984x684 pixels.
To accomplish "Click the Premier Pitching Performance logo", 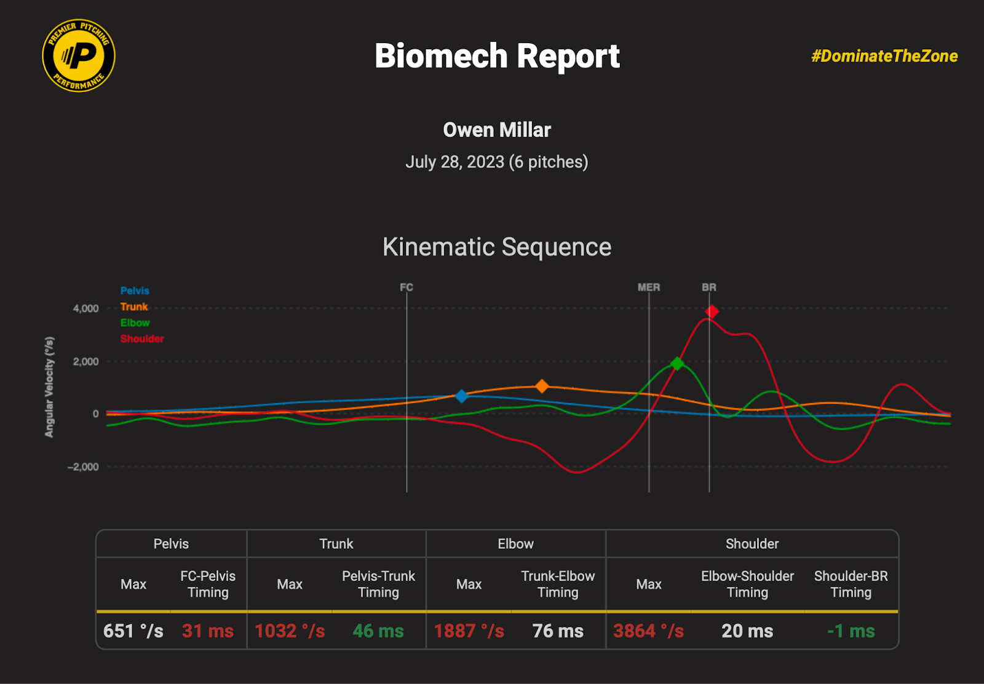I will coord(79,55).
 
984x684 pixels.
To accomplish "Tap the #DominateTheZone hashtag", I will coord(884,56).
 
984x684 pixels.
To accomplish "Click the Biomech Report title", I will coord(497,56).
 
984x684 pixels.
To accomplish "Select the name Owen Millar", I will coord(497,130).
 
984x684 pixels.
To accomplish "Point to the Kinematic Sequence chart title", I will coord(497,247).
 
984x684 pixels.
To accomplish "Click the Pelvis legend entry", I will coord(135,291).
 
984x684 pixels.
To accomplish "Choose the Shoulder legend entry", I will coord(142,339).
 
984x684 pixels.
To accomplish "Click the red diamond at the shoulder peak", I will coord(712,312).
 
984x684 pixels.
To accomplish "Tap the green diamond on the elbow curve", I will coord(677,364).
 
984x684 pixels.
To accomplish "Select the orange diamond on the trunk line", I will coord(542,386).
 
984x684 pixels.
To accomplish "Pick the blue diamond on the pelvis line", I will coord(462,396).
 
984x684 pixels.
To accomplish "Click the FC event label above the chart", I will coord(407,287).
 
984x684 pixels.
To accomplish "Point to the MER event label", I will coord(649,287).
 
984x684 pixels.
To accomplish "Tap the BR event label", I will coord(709,287).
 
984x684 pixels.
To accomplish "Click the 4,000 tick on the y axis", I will coord(85,309).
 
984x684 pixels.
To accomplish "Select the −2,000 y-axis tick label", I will coord(83,467).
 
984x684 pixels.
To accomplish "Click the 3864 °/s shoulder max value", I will coord(648,631).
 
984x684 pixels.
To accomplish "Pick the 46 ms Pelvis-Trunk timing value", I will coord(378,631).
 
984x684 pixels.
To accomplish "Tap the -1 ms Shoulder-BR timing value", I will coord(851,631).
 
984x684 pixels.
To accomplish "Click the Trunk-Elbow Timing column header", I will coord(558,584).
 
